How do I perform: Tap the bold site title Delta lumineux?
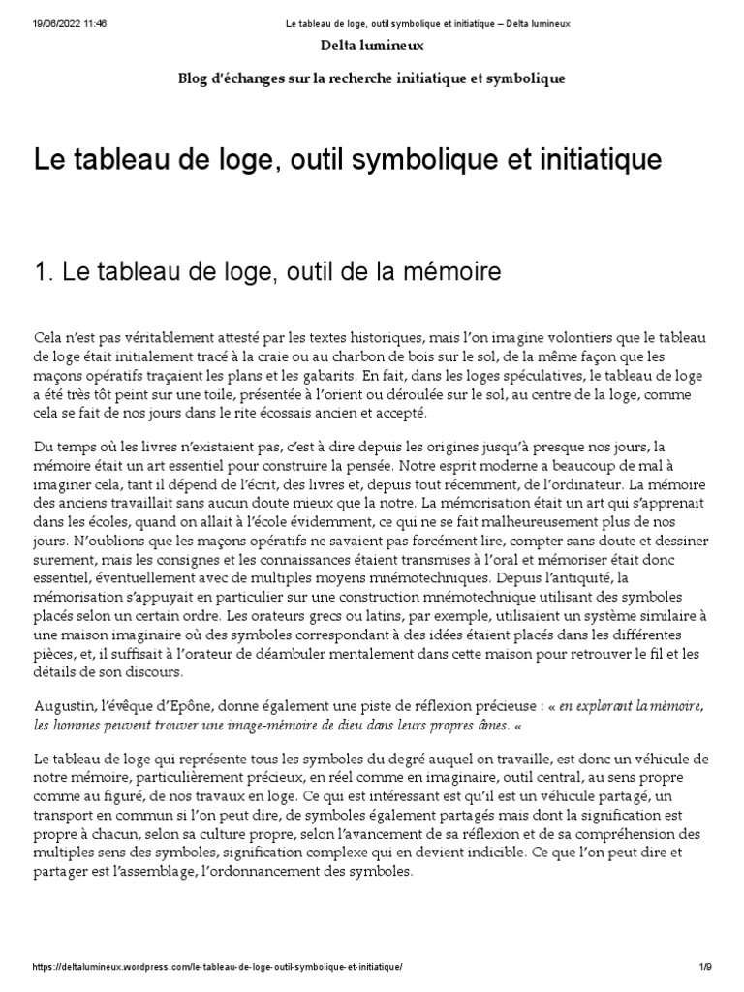point(371,45)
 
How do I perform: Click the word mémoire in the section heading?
point(454,273)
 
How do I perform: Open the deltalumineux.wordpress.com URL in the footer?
point(217,969)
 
